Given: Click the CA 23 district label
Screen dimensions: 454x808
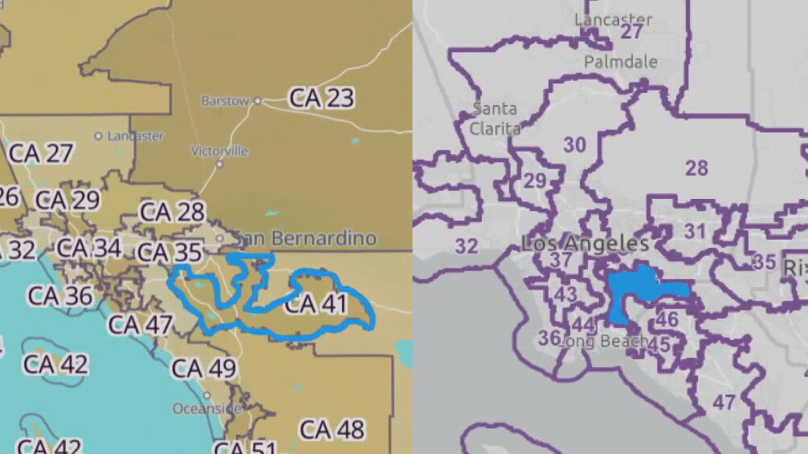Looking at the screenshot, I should pos(321,98).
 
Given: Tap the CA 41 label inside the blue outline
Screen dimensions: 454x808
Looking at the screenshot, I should pos(315,304).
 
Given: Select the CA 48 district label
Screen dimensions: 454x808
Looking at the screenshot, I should pos(332,429).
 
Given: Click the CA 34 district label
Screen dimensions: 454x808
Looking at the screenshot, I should pos(89,248).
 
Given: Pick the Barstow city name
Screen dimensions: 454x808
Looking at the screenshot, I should pos(225,101).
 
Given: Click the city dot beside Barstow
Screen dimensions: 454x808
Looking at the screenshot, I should pos(258,101).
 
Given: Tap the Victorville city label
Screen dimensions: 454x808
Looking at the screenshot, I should pos(219,151).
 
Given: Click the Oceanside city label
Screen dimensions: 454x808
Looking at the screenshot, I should pos(206,408).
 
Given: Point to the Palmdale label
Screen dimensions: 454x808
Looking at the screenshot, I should pos(620,62).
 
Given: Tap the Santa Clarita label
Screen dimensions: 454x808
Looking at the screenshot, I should pos(495,118).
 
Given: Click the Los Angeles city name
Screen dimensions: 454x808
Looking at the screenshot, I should pos(585,243).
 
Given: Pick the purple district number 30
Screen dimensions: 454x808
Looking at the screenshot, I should pos(574,145).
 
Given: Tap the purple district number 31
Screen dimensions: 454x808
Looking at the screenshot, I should pos(695,232).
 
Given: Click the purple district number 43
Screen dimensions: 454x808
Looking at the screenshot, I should pos(565,294).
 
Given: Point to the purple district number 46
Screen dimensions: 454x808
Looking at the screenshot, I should pos(667,319).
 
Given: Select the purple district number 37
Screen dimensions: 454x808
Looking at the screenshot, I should pos(561,260).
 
